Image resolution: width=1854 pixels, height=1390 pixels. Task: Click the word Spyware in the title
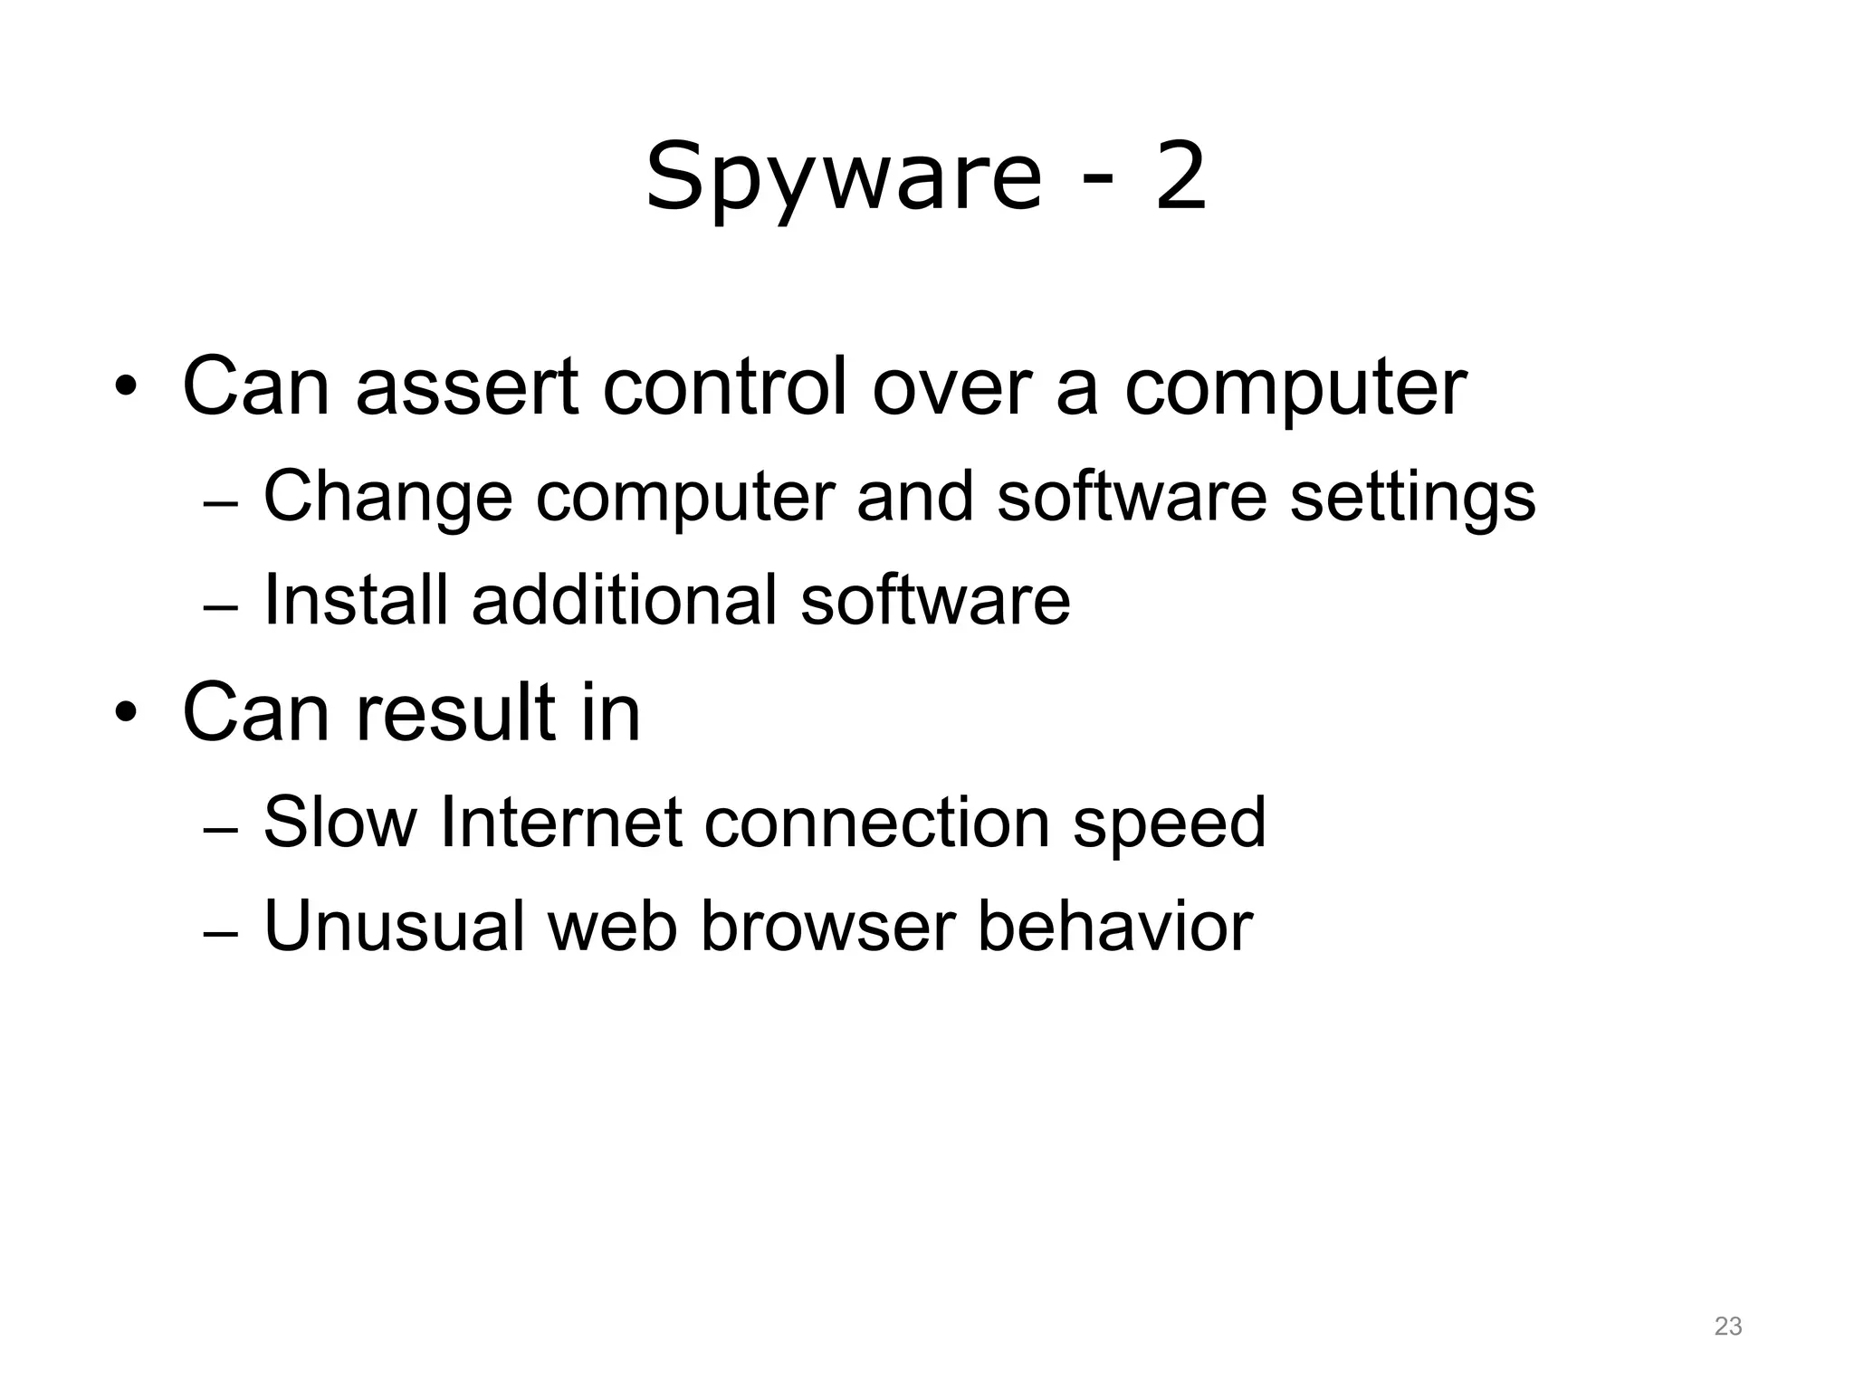coord(844,177)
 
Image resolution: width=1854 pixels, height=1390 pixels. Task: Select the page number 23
coord(1727,1327)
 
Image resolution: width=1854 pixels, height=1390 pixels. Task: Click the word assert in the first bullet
coord(467,386)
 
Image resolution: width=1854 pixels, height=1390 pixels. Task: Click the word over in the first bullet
coord(951,386)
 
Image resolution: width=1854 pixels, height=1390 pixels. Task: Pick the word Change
coord(387,497)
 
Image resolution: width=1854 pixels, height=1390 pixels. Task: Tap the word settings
coord(1412,499)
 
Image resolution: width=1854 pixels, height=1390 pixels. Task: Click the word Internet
coord(560,823)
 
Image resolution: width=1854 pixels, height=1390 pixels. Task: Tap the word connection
coord(877,823)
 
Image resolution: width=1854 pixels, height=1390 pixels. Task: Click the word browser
coord(828,926)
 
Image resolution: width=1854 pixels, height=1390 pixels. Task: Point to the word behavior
coord(1115,926)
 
